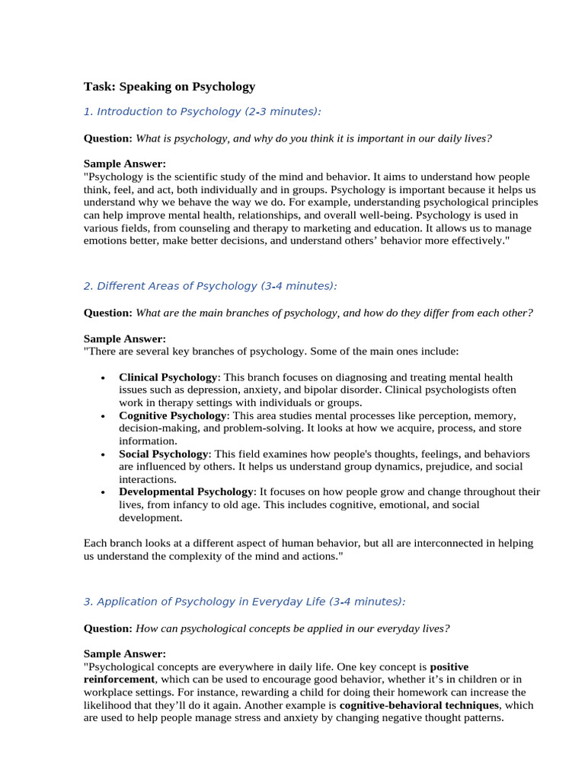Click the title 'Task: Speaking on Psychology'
pos(169,87)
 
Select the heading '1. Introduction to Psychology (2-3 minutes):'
pos(202,112)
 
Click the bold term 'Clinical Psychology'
pos(168,377)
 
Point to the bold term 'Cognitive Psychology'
pos(172,416)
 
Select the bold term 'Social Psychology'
pos(163,454)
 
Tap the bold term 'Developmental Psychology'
pos(186,492)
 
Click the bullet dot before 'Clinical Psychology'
pos(103,378)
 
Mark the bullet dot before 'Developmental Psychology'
pos(103,493)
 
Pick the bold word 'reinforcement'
pos(119,679)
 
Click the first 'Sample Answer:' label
pos(124,164)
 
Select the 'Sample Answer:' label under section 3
pos(124,653)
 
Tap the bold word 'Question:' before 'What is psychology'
pos(107,138)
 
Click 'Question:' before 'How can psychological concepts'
pos(107,628)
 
